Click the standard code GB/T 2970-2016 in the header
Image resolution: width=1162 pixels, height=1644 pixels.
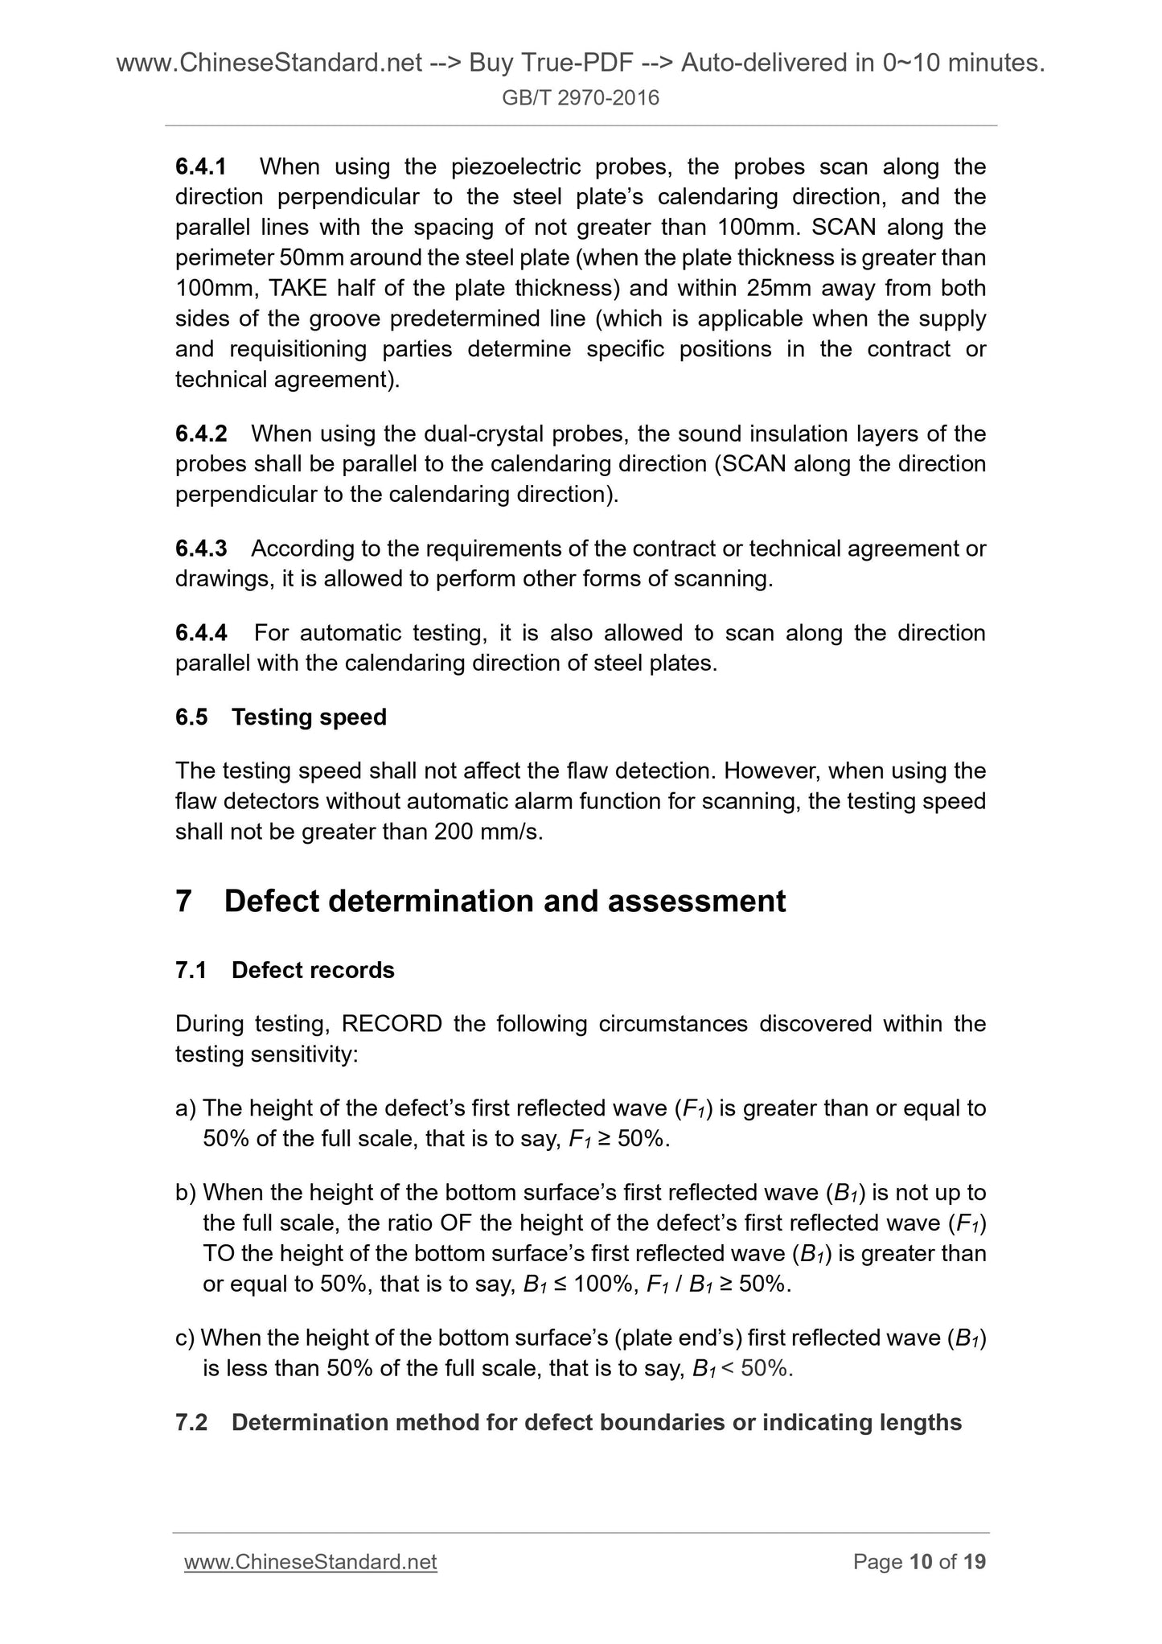[581, 98]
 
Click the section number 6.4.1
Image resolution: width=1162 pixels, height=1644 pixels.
[201, 167]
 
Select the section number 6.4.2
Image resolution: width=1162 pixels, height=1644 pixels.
[201, 434]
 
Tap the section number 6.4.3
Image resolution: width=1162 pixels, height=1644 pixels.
[201, 549]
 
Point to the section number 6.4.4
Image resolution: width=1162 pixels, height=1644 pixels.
[201, 633]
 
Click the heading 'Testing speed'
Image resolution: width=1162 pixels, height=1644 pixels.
[309, 717]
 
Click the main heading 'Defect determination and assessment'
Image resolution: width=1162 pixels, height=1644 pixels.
[504, 901]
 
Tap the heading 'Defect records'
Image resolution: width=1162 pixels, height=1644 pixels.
[313, 970]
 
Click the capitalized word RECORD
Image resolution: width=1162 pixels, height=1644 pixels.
[392, 1024]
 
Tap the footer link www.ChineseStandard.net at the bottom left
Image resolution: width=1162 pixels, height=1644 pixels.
[310, 1562]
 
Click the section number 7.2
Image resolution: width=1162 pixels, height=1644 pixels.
[191, 1422]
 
